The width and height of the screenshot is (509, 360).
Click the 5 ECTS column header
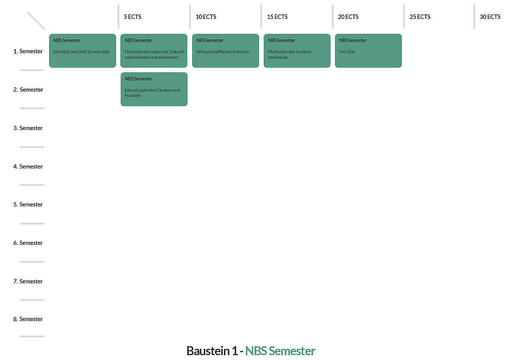pos(132,17)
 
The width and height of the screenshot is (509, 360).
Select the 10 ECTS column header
pos(206,17)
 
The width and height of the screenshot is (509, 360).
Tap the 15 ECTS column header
pos(277,17)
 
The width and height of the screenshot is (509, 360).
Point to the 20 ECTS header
pos(348,17)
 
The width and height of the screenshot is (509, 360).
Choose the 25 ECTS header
pos(420,17)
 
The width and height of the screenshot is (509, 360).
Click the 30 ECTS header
pos(490,17)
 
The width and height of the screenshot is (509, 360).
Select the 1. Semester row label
pos(28,51)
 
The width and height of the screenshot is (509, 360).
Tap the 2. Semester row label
pos(28,90)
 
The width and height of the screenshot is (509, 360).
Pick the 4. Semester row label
pos(28,167)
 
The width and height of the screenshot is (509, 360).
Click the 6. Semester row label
pos(28,243)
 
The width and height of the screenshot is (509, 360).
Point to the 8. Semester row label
pos(28,319)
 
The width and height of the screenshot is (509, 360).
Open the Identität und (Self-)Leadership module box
pos(82,50)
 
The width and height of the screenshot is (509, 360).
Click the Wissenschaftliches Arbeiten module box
pos(226,50)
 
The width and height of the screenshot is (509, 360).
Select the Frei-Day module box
pos(368,50)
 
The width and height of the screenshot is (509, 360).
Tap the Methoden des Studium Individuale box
pos(297,50)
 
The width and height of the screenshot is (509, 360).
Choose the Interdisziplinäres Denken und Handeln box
pos(154,89)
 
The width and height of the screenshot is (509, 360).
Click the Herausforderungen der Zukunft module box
pos(154,50)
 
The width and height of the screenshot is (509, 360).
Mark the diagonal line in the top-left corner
pos(36,20)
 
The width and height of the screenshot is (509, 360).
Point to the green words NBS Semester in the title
pos(280,351)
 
